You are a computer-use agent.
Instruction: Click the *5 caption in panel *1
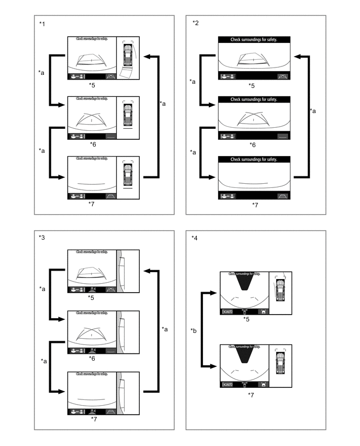(x=92, y=84)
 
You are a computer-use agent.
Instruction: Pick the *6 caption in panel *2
(x=252, y=144)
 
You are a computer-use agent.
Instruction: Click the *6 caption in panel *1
(x=93, y=143)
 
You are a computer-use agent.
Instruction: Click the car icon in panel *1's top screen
(x=127, y=53)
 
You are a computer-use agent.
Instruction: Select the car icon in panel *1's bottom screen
(x=127, y=174)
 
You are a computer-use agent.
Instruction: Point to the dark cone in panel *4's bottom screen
(x=244, y=355)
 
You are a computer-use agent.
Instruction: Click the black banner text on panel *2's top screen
(x=253, y=40)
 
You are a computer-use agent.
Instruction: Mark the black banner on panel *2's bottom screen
(x=253, y=159)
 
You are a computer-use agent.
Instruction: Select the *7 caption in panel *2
(x=255, y=204)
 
